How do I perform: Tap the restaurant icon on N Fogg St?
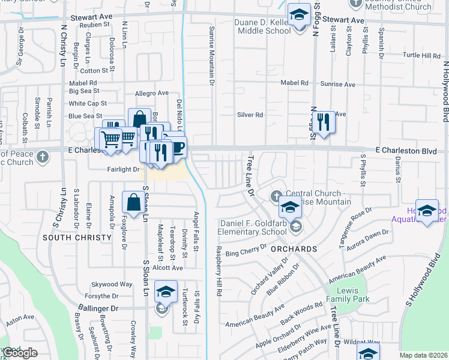(324, 122)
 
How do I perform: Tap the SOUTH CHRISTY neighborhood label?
(77, 238)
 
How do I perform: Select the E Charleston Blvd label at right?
(406, 152)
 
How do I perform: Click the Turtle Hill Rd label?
(421, 56)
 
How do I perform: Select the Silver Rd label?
(250, 115)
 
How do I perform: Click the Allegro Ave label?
(152, 94)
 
